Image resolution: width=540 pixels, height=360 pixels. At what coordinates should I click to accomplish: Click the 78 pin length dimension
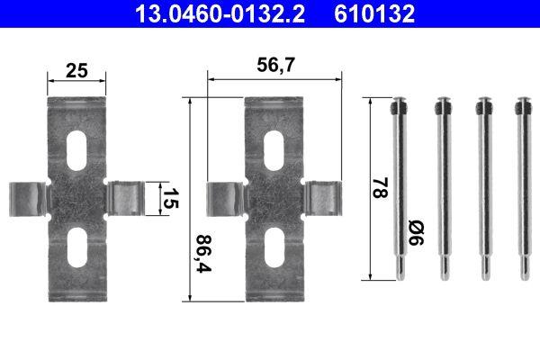(381, 188)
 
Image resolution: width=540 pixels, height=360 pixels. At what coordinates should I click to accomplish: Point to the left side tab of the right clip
(224, 198)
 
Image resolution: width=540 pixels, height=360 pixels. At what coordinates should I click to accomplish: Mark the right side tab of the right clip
(321, 198)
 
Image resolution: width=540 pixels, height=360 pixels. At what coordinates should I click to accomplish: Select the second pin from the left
(441, 189)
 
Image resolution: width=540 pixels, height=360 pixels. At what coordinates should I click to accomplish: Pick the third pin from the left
(483, 189)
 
